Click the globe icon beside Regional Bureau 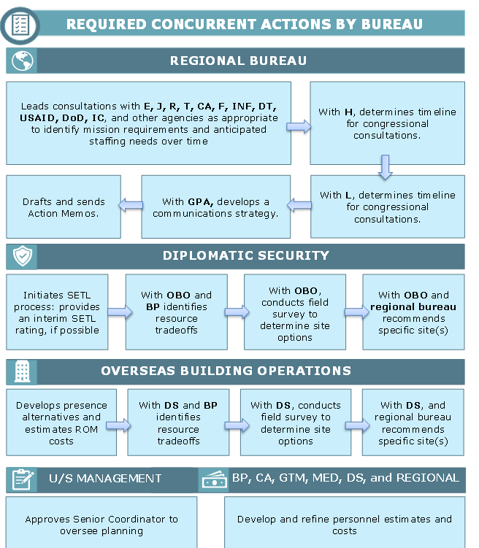point(23,61)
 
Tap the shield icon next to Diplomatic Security point(23,255)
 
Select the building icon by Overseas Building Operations point(23,371)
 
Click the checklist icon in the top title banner point(20,25)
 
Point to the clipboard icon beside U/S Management point(23,479)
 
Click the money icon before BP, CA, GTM point(215,479)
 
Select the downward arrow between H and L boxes point(386,167)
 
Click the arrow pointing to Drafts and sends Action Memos point(131,205)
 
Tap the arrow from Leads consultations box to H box point(299,126)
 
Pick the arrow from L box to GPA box point(299,205)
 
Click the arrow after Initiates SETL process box point(120,312)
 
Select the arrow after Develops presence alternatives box point(118,425)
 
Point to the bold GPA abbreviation point(200,202)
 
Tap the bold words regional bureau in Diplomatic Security point(413,307)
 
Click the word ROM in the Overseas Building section point(87,429)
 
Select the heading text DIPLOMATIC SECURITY point(246,255)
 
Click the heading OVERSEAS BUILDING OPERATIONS point(226,371)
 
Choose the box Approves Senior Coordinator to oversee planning point(101,522)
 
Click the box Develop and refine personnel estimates point(345,522)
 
